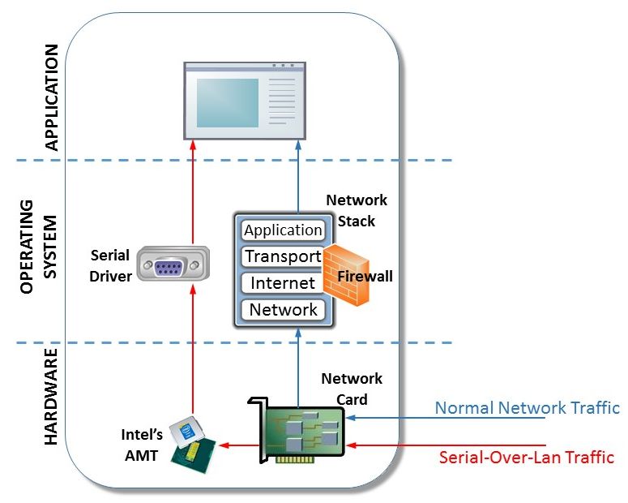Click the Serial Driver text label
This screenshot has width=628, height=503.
(110, 266)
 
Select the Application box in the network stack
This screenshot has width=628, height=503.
(283, 230)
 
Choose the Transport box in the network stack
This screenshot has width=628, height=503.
(283, 257)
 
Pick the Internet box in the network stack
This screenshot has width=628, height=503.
(283, 283)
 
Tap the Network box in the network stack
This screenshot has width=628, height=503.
(283, 309)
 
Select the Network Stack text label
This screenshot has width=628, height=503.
(357, 209)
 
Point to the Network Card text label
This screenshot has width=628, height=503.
(352, 389)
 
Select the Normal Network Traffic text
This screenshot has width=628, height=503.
(527, 408)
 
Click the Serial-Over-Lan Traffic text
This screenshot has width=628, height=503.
(526, 457)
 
